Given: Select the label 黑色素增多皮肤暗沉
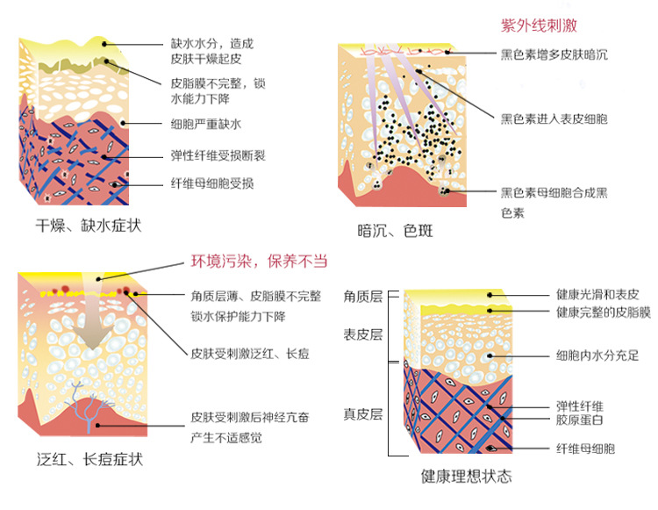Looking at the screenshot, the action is pyautogui.click(x=554, y=54).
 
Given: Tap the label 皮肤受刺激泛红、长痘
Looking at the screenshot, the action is pyautogui.click(x=250, y=354).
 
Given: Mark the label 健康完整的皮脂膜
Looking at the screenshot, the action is pyautogui.click(x=603, y=312).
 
